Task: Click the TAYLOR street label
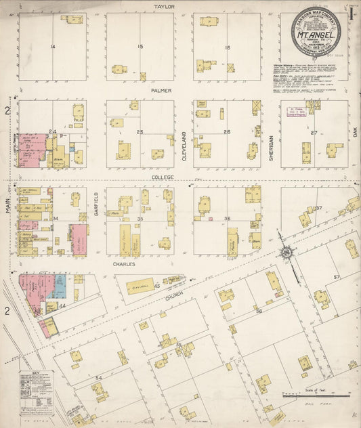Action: (x=164, y=6)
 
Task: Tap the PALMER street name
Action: (x=161, y=90)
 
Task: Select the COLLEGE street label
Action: (x=163, y=177)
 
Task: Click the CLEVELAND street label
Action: (x=184, y=145)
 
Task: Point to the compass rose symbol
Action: (x=286, y=253)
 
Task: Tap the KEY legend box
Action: (x=35, y=391)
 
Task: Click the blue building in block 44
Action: (x=59, y=286)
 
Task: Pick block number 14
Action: (x=52, y=46)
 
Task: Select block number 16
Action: (x=228, y=47)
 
